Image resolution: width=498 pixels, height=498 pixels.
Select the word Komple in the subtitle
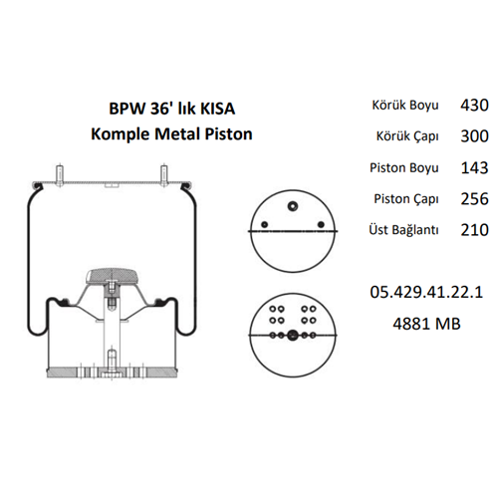point(121,131)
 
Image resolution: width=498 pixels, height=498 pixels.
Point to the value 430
point(474,105)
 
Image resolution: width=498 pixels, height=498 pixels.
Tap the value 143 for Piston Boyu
point(474,168)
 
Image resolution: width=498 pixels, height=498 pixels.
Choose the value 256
point(474,200)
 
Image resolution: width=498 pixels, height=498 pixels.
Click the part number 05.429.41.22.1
point(425,292)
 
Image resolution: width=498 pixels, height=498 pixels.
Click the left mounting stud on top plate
point(62,170)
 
